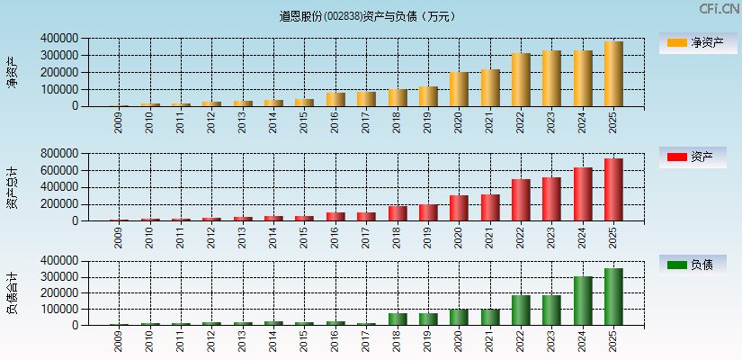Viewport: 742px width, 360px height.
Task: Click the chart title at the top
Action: point(367,16)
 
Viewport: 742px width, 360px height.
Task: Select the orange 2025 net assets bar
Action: point(613,74)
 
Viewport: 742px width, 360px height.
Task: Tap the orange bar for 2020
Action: point(459,89)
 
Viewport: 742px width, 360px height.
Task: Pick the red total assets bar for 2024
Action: point(583,194)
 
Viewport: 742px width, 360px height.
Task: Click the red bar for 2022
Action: point(521,200)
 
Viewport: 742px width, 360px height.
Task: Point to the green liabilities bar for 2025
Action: point(613,297)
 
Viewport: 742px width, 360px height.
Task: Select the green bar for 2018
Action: point(397,319)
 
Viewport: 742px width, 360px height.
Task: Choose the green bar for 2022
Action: point(521,310)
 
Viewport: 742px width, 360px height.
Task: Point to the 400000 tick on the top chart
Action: point(58,39)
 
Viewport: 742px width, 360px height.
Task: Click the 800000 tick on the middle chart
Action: point(58,154)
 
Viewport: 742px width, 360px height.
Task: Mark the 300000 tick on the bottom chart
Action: point(58,277)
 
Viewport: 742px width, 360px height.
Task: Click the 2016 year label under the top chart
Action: point(335,122)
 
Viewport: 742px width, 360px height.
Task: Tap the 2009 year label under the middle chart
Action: point(118,238)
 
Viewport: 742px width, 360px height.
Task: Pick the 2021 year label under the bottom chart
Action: point(490,341)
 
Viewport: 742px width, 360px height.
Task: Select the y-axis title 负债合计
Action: point(13,293)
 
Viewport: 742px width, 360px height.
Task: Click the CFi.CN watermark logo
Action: point(720,8)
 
